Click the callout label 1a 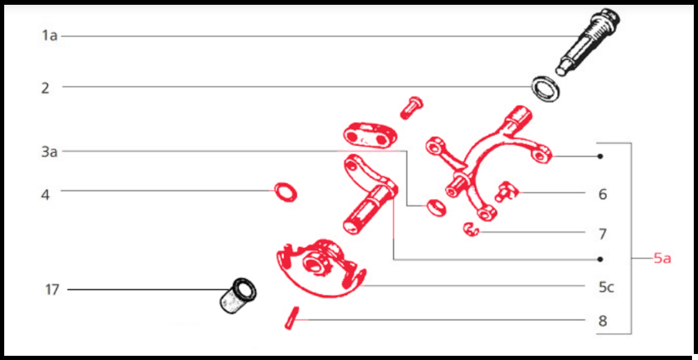50,35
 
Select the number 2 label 46,88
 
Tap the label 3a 49,152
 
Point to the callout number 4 46,195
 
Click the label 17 52,290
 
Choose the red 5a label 662,259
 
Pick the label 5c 606,288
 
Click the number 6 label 603,194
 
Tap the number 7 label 603,233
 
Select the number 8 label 603,321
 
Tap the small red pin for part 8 291,318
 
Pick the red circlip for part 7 471,229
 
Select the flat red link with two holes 369,135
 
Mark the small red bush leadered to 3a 436,208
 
